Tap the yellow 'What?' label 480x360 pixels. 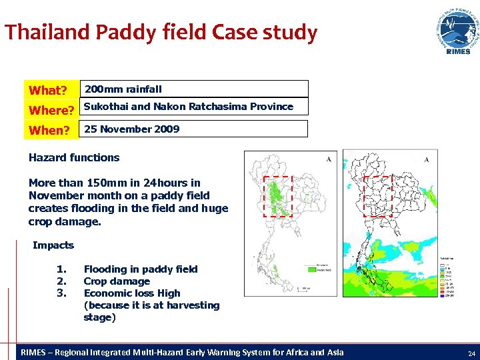click(x=47, y=90)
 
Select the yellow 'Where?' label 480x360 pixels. click(x=51, y=110)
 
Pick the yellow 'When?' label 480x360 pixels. click(x=49, y=130)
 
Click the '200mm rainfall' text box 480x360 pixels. click(x=193, y=89)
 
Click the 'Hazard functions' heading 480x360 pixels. click(x=74, y=158)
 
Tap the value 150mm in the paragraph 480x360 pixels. click(x=105, y=183)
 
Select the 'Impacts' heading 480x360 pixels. click(x=53, y=245)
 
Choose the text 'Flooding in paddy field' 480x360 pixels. click(x=141, y=269)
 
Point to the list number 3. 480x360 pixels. click(x=62, y=293)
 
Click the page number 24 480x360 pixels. click(x=471, y=353)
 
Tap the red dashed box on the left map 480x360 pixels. click(x=278, y=197)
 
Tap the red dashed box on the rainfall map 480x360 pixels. click(x=377, y=197)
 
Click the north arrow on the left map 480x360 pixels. click(x=329, y=159)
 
